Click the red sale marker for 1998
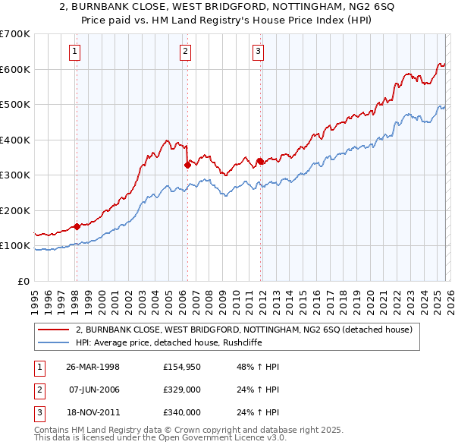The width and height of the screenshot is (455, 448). (x=77, y=226)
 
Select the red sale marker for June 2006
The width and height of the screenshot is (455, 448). (x=187, y=164)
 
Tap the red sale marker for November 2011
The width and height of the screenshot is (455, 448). (x=259, y=160)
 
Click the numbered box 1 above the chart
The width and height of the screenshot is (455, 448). (x=76, y=52)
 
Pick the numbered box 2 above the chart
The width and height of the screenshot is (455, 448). (x=185, y=52)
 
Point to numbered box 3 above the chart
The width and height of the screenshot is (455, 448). (x=259, y=52)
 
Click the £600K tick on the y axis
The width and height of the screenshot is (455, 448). (x=15, y=69)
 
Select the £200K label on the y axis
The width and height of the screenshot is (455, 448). (x=15, y=210)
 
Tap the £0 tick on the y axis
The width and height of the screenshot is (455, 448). (x=23, y=281)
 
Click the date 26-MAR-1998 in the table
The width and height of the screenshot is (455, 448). (x=93, y=367)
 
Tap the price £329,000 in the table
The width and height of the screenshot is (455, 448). (x=182, y=390)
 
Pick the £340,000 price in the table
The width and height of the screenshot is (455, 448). (x=182, y=412)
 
